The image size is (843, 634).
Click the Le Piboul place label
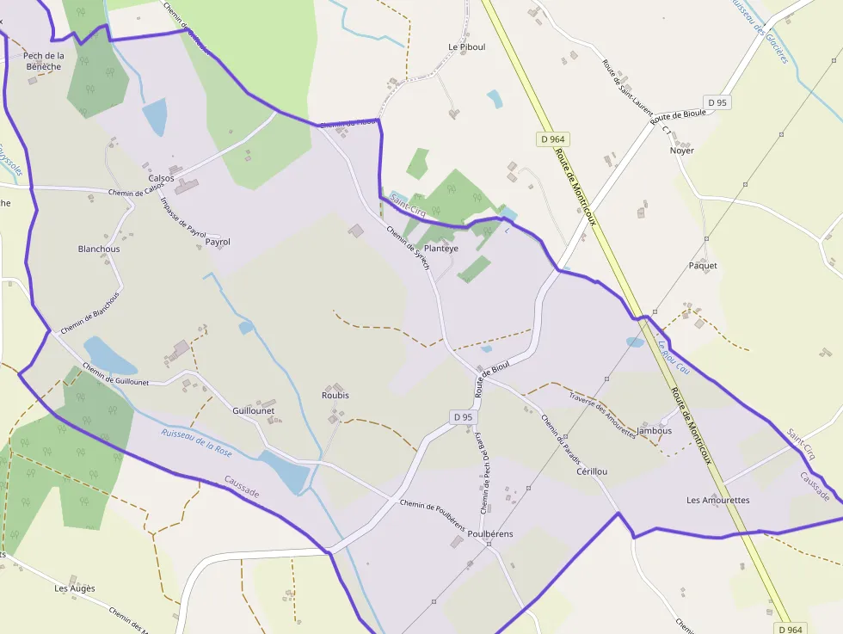tap(467, 46)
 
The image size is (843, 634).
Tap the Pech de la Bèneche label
tap(44, 61)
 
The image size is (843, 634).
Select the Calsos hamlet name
tap(161, 178)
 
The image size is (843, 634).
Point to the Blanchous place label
tap(99, 249)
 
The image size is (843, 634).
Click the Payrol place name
tap(218, 242)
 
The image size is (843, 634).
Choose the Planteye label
tap(441, 248)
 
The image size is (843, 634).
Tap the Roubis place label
tap(335, 395)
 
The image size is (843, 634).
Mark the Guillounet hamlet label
tap(253, 410)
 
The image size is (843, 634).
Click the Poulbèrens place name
tap(490, 533)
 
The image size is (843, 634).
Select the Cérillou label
tap(592, 471)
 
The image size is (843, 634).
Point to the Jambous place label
tap(655, 430)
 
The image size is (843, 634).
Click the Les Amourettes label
tap(718, 500)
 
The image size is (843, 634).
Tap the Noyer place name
tap(681, 151)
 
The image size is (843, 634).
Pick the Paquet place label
tap(703, 266)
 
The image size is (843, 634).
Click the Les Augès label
tap(75, 588)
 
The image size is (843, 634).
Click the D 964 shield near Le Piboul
tap(555, 139)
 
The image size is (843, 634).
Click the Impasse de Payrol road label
tap(184, 217)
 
